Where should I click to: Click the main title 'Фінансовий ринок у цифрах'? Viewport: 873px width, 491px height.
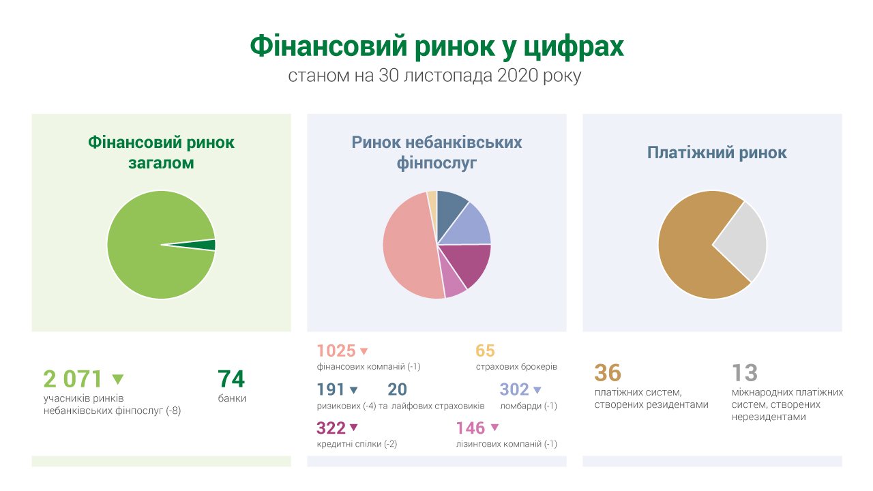tap(436, 46)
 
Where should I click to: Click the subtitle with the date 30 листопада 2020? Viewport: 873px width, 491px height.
tap(435, 76)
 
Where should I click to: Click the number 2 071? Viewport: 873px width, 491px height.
tap(73, 378)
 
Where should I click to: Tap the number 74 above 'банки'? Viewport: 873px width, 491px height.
tap(231, 378)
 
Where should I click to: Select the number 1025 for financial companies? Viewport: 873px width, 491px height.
tap(336, 351)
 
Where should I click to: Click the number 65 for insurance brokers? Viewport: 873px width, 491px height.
tap(485, 351)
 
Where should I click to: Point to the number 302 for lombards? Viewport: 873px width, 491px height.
tap(514, 389)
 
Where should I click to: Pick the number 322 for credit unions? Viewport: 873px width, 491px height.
tap(331, 428)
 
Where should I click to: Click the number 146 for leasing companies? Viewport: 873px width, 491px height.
tap(471, 428)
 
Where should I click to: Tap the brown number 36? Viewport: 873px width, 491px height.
tap(608, 373)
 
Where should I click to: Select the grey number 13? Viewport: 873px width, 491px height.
tap(745, 373)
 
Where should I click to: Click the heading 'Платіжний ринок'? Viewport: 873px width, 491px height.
tap(717, 153)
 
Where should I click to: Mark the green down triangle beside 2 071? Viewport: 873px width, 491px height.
tap(117, 379)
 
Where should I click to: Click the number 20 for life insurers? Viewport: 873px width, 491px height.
tap(397, 389)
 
